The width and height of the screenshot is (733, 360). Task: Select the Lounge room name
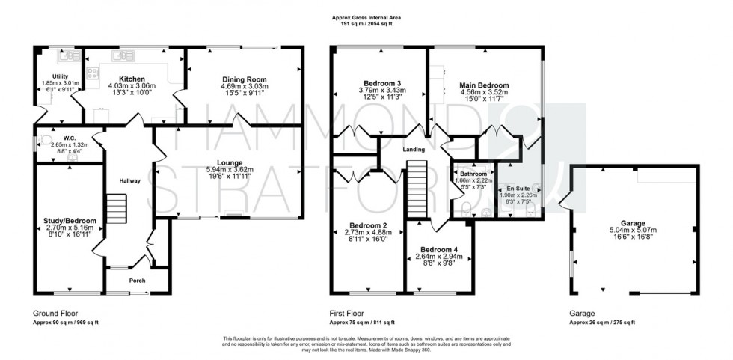(x=229, y=162)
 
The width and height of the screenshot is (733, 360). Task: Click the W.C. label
(x=70, y=138)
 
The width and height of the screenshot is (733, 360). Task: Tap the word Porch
(x=137, y=281)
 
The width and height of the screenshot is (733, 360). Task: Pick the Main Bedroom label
(x=484, y=85)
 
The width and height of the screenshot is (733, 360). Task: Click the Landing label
(x=414, y=150)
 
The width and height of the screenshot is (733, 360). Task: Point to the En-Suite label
(x=518, y=189)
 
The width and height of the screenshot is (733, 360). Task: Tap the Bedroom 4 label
(x=440, y=249)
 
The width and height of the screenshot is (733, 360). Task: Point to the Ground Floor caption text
(x=55, y=314)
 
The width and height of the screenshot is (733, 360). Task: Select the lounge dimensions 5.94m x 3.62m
(x=229, y=170)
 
